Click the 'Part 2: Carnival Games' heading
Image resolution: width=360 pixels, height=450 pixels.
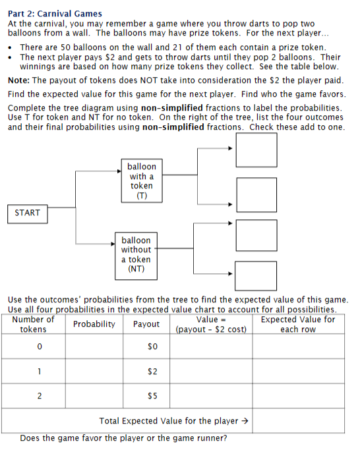click(x=55, y=13)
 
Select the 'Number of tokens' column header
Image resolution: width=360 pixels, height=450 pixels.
click(x=34, y=324)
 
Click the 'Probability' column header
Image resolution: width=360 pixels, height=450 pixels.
click(x=94, y=324)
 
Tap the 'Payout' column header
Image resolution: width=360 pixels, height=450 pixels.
click(x=146, y=324)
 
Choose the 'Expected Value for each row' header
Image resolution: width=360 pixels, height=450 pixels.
click(x=298, y=324)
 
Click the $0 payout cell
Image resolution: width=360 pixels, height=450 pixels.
click(x=153, y=347)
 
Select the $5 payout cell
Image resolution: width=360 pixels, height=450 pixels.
click(x=153, y=397)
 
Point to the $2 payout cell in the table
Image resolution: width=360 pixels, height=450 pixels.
click(x=153, y=372)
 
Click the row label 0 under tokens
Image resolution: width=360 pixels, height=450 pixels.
click(x=40, y=347)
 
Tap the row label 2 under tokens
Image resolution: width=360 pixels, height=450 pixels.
click(x=40, y=397)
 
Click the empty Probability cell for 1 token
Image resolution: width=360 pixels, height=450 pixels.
click(x=94, y=372)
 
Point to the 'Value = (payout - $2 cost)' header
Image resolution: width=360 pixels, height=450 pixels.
click(x=211, y=325)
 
